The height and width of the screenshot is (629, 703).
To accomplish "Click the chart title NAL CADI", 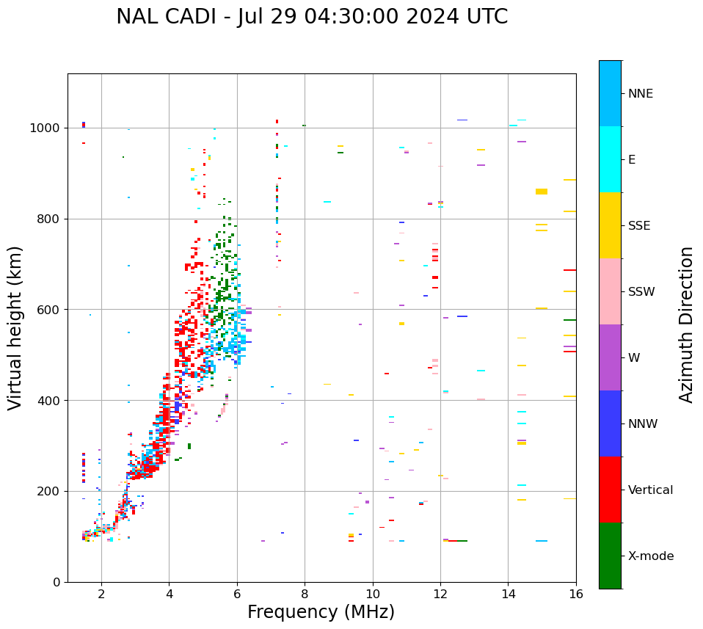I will [x=312, y=17].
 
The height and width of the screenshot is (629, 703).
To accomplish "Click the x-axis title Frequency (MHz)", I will [x=321, y=612].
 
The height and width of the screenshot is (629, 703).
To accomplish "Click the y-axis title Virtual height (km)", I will [x=15, y=327].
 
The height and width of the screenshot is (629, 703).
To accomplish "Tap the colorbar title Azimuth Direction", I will [x=686, y=324].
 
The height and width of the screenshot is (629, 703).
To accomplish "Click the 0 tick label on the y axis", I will [x=56, y=582].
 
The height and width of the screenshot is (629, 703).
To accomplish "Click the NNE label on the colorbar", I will [x=640, y=94].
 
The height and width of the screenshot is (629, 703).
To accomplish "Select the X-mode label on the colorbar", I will [x=650, y=556].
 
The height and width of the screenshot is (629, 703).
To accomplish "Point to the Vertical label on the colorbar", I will [x=650, y=490].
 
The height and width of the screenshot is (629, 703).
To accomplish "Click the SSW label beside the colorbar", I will [x=641, y=292].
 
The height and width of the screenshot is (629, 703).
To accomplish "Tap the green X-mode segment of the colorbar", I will [x=610, y=556].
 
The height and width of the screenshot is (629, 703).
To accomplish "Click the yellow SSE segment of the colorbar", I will [x=610, y=225].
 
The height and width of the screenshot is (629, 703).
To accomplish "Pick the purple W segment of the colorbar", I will [x=610, y=357].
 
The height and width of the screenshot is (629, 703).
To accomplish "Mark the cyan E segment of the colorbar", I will [x=610, y=159].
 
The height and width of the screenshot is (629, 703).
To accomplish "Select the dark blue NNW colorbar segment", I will [x=610, y=423].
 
